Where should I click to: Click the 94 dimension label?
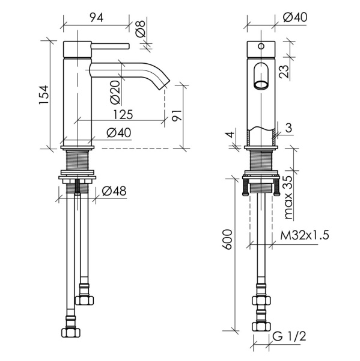(x=96, y=17)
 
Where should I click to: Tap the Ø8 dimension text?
(x=140, y=28)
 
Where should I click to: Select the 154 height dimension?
(x=44, y=95)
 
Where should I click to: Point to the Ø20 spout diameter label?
(x=115, y=92)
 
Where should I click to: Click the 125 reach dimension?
(x=123, y=114)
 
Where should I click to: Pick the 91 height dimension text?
(x=177, y=115)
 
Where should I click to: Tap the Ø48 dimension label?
(x=114, y=191)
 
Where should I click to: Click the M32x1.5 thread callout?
(x=305, y=235)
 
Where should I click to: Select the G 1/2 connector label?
(x=289, y=336)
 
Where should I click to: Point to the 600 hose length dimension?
(x=227, y=239)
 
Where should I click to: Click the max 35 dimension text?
(x=288, y=197)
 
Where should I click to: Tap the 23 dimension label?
(x=284, y=72)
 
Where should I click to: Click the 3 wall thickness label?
(x=289, y=128)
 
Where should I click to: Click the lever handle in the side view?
(x=110, y=46)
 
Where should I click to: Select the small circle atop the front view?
(x=261, y=46)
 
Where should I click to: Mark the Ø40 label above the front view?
(x=295, y=17)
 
